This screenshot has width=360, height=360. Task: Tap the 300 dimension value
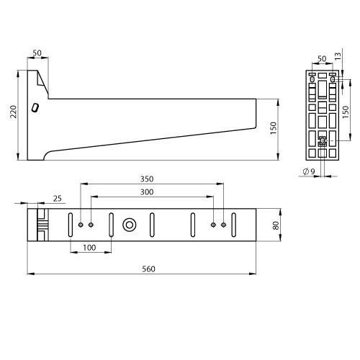148,192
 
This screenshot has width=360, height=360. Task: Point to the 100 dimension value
91,248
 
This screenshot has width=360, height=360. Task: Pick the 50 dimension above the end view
322,57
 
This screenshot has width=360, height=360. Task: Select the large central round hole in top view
130,224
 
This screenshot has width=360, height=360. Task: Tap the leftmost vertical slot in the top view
71,224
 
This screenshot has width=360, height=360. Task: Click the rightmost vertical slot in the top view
234,224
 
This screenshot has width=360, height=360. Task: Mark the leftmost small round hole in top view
81,224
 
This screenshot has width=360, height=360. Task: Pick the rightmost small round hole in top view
223,224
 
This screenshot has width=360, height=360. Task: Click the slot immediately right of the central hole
153,224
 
